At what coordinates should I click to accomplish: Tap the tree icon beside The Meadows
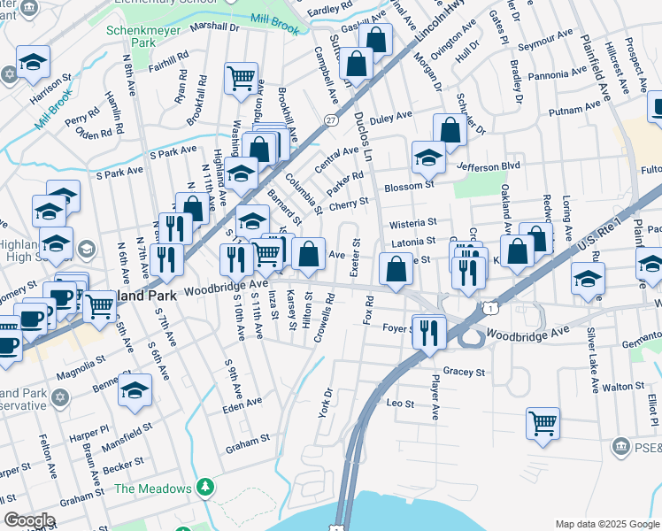[205, 488]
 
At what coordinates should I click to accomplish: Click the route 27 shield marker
[330, 119]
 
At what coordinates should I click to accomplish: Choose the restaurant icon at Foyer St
[427, 333]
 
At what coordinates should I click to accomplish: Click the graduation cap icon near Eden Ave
[135, 389]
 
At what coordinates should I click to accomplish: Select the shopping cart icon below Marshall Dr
[241, 78]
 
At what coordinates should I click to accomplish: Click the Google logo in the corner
[29, 520]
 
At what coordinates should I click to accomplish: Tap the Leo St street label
[401, 404]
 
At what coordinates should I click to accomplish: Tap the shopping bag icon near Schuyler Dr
[450, 129]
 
